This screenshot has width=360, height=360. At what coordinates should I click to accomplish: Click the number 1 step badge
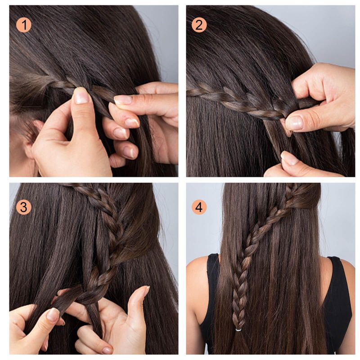click(x=24, y=25)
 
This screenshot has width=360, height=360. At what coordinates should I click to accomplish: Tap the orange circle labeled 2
click(x=199, y=25)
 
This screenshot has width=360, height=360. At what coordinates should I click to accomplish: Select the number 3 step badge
click(x=24, y=207)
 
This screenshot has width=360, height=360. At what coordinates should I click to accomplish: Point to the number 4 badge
click(x=199, y=207)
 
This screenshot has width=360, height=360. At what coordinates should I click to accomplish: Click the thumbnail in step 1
click(x=81, y=95)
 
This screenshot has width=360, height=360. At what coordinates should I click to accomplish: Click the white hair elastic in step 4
click(x=238, y=330)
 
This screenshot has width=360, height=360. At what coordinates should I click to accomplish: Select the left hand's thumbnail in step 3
click(x=53, y=315)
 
